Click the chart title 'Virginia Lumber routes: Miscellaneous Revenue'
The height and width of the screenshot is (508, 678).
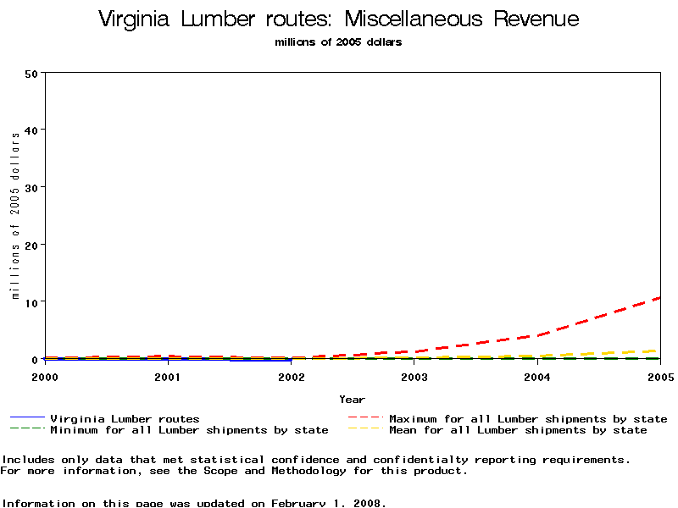click(x=338, y=19)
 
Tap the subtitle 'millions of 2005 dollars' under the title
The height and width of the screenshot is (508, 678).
click(x=338, y=42)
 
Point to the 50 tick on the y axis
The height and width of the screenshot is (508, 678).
click(x=32, y=73)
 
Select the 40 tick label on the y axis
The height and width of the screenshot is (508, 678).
click(x=32, y=130)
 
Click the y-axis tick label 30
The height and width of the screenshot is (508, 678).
click(x=32, y=187)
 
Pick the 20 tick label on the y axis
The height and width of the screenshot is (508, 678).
click(x=32, y=245)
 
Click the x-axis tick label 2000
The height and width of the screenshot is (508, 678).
click(x=45, y=377)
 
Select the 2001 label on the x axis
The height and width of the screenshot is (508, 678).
click(x=168, y=377)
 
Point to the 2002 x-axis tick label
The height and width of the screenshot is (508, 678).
click(x=291, y=377)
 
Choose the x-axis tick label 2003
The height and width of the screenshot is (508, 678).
click(x=414, y=377)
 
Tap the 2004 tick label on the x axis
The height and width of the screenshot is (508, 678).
click(x=536, y=377)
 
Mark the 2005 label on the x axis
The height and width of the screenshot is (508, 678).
click(x=659, y=377)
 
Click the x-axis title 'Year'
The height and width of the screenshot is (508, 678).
click(x=352, y=399)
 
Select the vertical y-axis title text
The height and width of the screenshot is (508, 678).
click(x=15, y=216)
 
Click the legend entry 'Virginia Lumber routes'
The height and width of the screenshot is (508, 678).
click(x=125, y=418)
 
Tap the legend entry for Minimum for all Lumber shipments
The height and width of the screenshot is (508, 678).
click(x=188, y=430)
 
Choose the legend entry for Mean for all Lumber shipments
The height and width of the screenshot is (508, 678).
click(x=517, y=430)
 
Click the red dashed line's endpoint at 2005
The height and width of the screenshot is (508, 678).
click(x=659, y=297)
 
